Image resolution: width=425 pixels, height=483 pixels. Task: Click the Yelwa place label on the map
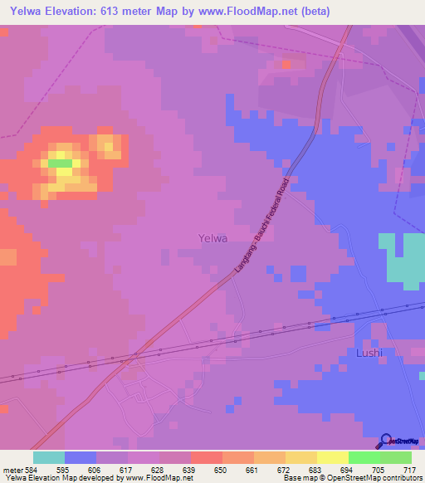(213, 238)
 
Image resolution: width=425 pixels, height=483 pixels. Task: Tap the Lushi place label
(369, 353)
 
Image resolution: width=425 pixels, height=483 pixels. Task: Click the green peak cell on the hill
(60, 163)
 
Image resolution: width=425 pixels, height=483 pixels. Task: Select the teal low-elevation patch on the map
(402, 258)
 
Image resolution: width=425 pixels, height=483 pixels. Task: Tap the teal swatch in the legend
(49, 457)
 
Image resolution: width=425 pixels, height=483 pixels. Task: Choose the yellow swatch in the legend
(332, 457)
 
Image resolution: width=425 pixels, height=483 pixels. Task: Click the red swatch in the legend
(206, 457)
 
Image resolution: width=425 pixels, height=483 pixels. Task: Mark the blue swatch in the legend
(81, 457)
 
